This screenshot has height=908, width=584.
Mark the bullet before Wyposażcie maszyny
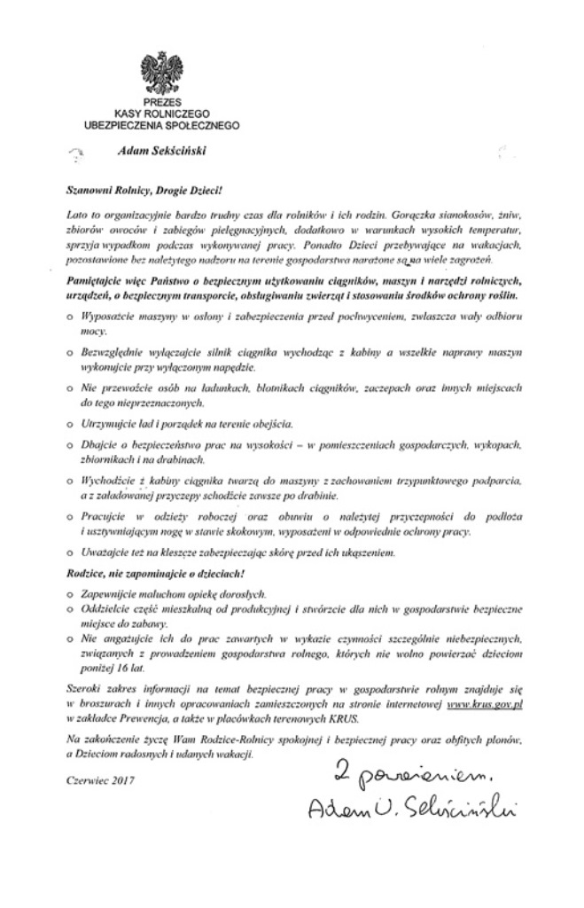[x=70, y=317]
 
